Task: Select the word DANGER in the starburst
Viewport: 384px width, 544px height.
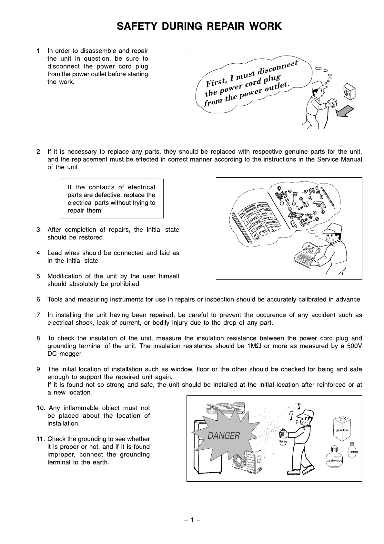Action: pos(224,436)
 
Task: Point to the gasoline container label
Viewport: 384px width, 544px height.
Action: pos(342,430)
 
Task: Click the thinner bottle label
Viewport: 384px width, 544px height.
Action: pos(353,452)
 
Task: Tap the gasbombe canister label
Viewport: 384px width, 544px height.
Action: pos(334,460)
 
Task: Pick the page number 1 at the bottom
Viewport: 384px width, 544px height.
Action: pos(192,520)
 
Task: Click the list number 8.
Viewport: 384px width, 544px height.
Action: pos(39,338)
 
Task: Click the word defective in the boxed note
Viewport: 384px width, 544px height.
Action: pos(122,195)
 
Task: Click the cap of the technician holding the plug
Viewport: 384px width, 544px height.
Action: pos(318,85)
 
